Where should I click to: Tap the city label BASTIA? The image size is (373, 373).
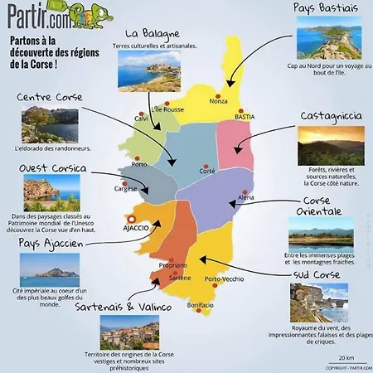[245, 118]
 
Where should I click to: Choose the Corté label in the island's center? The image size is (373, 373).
[207, 170]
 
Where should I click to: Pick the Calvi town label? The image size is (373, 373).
[141, 117]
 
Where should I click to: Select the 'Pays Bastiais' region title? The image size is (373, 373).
[326, 8]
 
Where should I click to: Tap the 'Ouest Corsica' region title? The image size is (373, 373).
[52, 168]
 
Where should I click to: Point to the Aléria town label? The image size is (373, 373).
[246, 198]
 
